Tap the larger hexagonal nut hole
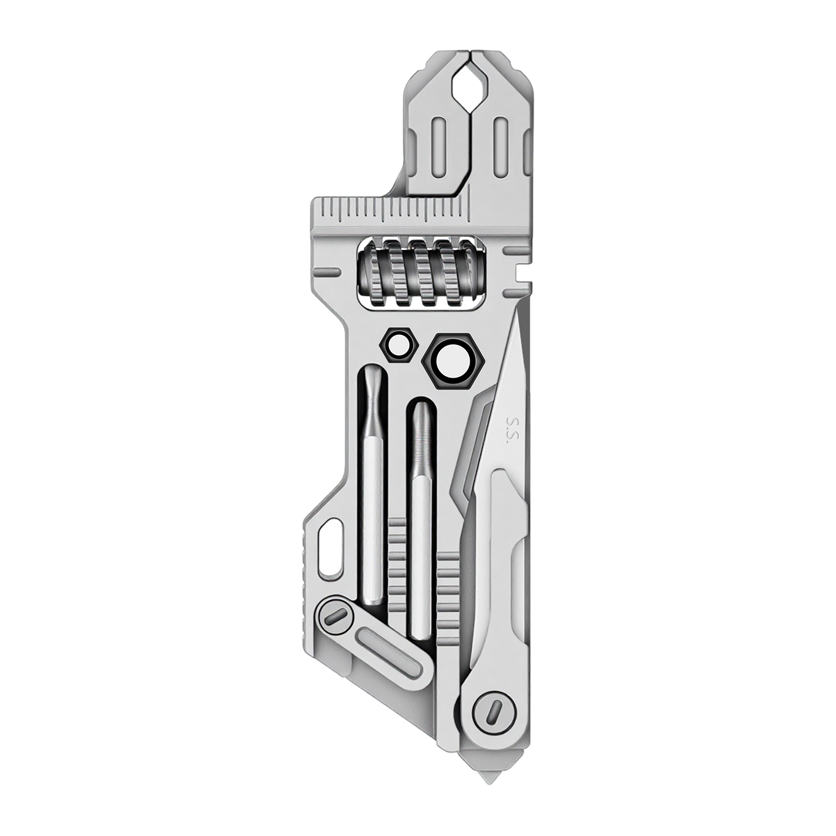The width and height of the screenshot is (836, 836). pyautogui.click(x=451, y=361)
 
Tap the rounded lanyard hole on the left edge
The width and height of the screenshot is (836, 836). pyautogui.click(x=330, y=548)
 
